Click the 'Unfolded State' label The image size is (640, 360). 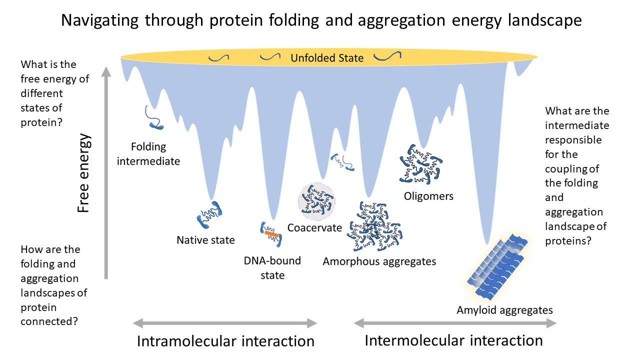tap(327, 58)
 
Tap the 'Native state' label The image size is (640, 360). tap(205, 240)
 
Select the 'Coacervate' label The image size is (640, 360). tap(314, 227)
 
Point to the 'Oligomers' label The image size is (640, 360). tap(428, 196)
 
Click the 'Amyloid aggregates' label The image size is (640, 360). tap(504, 310)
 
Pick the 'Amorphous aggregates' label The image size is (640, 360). tap(379, 261)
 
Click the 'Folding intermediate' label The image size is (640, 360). tap(148, 154)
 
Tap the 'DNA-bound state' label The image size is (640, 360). tap(272, 268)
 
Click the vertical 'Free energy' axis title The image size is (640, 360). tap(83, 173)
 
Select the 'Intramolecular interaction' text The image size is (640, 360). tap(225, 341)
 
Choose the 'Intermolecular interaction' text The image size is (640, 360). tap(453, 340)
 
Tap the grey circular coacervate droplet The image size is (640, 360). tap(316, 201)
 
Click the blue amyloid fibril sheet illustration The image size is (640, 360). tap(497, 266)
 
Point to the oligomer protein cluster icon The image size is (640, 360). tap(420, 164)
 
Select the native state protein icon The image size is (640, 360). tap(209, 215)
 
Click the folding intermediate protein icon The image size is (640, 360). tap(153, 117)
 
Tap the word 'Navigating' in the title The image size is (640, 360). tap(99, 20)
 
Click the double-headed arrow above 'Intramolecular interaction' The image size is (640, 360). tap(225, 323)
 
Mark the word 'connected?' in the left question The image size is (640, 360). tap(49, 321)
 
